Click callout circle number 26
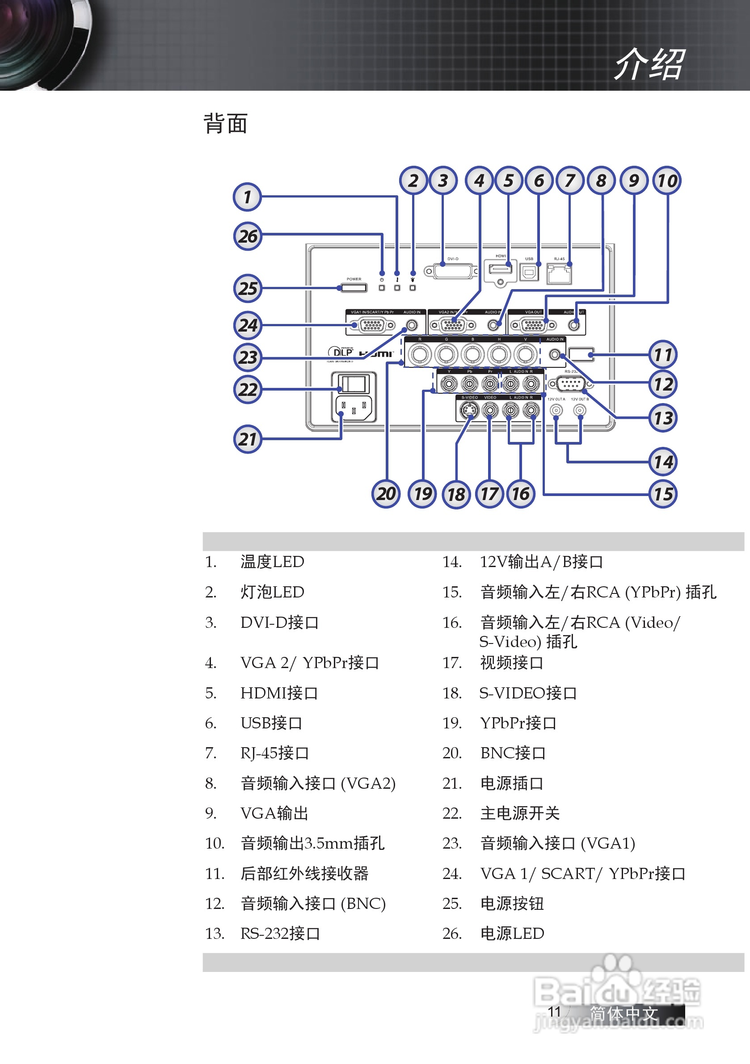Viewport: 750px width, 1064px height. pos(248,236)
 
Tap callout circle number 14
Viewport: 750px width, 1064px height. pos(663,462)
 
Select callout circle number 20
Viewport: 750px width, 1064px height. pos(386,493)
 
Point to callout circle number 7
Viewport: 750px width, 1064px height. pos(570,180)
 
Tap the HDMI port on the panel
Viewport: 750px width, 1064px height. pos(501,269)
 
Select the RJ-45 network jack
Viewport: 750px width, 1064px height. pos(560,273)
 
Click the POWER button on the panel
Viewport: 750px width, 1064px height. pos(354,288)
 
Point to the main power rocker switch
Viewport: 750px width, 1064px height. pos(354,384)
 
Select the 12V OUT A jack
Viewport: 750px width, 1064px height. pos(556,410)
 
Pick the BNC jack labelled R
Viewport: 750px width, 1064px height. pos(420,355)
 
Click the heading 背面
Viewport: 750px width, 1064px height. pos(226,124)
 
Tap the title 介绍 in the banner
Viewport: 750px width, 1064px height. pos(649,64)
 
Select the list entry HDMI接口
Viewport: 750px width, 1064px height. pos(279,693)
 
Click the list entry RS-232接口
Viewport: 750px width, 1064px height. pos(280,934)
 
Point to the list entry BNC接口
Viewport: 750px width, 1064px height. pos(513,753)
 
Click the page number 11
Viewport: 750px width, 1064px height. pos(554,1011)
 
